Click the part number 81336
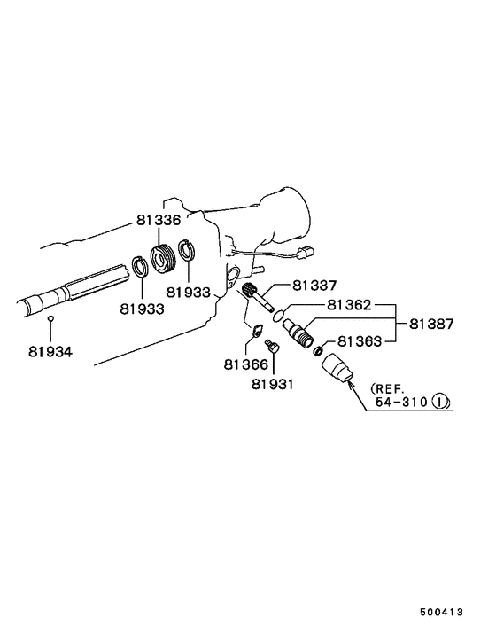point(159,220)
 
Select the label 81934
point(50,351)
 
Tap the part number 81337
point(314,286)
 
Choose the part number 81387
point(431,325)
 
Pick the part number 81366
point(245,363)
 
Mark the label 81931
point(273,384)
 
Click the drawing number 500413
point(441,611)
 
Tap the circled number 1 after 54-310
point(441,402)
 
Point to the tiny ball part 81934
point(51,317)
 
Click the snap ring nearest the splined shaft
point(139,265)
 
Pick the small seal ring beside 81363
point(318,352)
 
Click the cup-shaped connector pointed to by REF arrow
point(337,369)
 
